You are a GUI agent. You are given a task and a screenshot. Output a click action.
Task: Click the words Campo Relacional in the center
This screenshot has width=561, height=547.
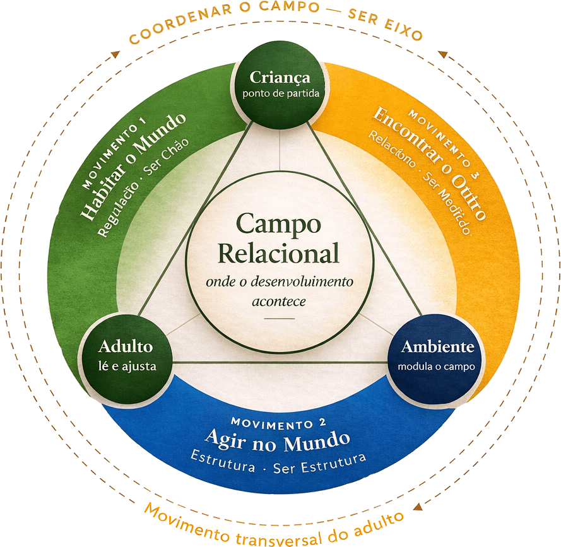(278, 238)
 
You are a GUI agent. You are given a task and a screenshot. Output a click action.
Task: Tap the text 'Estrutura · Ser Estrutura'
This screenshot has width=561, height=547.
(278, 464)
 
